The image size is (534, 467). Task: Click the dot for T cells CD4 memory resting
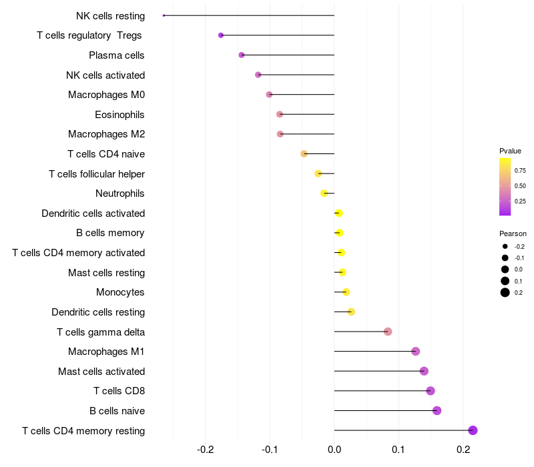coord(473,430)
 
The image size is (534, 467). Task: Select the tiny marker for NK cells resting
coord(164,15)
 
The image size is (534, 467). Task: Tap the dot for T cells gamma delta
coord(388,332)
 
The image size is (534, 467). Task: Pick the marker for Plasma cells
coord(242,55)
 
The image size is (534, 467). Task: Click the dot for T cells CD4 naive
coord(304,154)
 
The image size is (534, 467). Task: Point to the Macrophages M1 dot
coord(415,352)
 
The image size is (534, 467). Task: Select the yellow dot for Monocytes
coord(346,292)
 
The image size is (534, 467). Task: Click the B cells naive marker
coord(437,410)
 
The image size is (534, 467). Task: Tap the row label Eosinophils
coord(119,115)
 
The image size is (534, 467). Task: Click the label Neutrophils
coord(120,193)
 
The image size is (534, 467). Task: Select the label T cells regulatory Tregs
coord(89,35)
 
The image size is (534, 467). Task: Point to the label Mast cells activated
coord(101,372)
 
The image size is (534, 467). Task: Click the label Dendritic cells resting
coord(98,312)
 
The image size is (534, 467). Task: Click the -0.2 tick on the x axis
coord(206,450)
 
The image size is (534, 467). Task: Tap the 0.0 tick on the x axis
coord(334,450)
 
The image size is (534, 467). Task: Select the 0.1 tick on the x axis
coord(398,450)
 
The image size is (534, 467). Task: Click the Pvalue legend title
coord(510,151)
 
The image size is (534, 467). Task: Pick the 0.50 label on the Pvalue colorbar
coord(520,186)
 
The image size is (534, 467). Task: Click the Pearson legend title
coord(513,233)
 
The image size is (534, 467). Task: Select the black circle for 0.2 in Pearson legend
coord(505,292)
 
